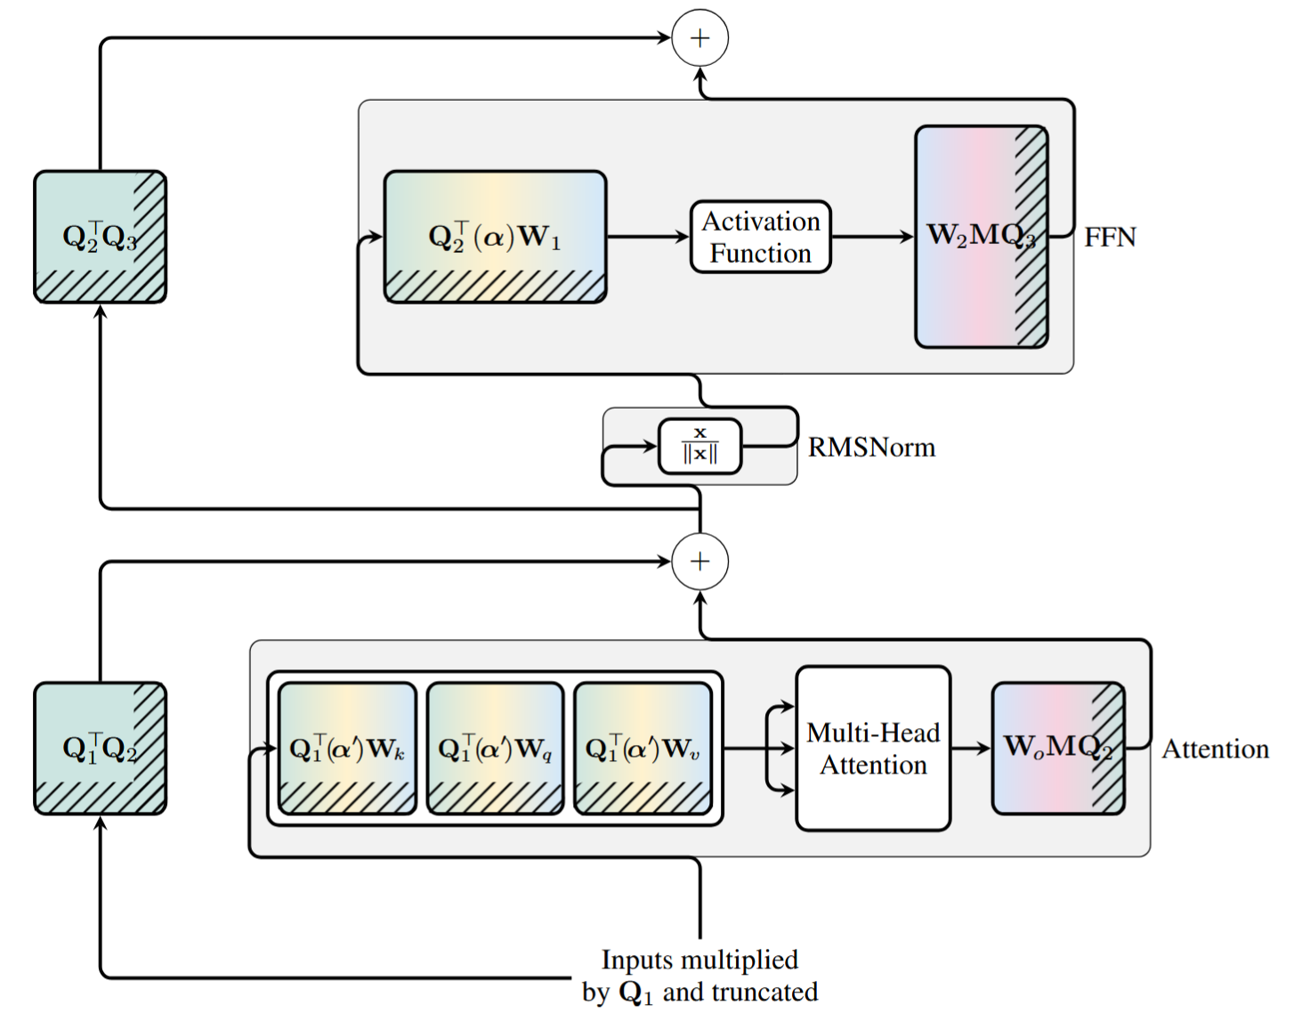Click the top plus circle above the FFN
700,38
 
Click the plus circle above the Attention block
700,562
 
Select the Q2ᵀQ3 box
101,237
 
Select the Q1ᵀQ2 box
101,749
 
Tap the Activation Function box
761,237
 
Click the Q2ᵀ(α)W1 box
496,237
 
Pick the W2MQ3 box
982,236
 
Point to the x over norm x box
700,446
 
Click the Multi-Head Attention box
873,749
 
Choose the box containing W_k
347,749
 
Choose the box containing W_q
496,749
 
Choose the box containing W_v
643,749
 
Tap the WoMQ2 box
1058,749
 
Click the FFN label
1110,238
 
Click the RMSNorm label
871,447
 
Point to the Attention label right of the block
1216,750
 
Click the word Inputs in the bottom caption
636,960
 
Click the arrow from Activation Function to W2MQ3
872,237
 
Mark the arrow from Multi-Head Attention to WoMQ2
971,749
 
